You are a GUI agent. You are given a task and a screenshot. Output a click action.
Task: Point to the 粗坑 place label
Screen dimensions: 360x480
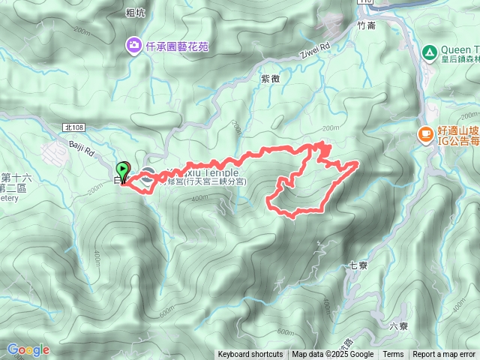tap(135, 12)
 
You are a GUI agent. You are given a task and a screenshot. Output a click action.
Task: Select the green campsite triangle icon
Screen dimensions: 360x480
tap(428, 52)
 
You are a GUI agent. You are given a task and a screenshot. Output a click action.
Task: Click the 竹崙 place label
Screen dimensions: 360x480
tap(366, 25)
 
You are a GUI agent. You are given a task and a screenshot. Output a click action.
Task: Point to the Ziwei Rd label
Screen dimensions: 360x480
tap(316, 51)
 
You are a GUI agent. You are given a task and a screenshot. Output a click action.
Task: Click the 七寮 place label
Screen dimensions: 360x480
tap(358, 265)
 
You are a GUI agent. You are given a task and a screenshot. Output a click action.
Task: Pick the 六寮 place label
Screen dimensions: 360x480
tap(399, 325)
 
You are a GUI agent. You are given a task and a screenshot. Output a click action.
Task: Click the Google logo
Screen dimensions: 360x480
tap(28, 349)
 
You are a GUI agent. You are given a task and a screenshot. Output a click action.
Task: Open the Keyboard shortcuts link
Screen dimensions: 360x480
tap(250, 355)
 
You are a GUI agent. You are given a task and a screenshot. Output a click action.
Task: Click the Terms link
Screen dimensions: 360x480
tap(393, 355)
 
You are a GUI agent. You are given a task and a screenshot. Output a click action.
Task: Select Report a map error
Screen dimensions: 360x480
tap(445, 355)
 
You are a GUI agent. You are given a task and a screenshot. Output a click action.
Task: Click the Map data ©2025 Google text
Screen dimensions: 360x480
tap(333, 355)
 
